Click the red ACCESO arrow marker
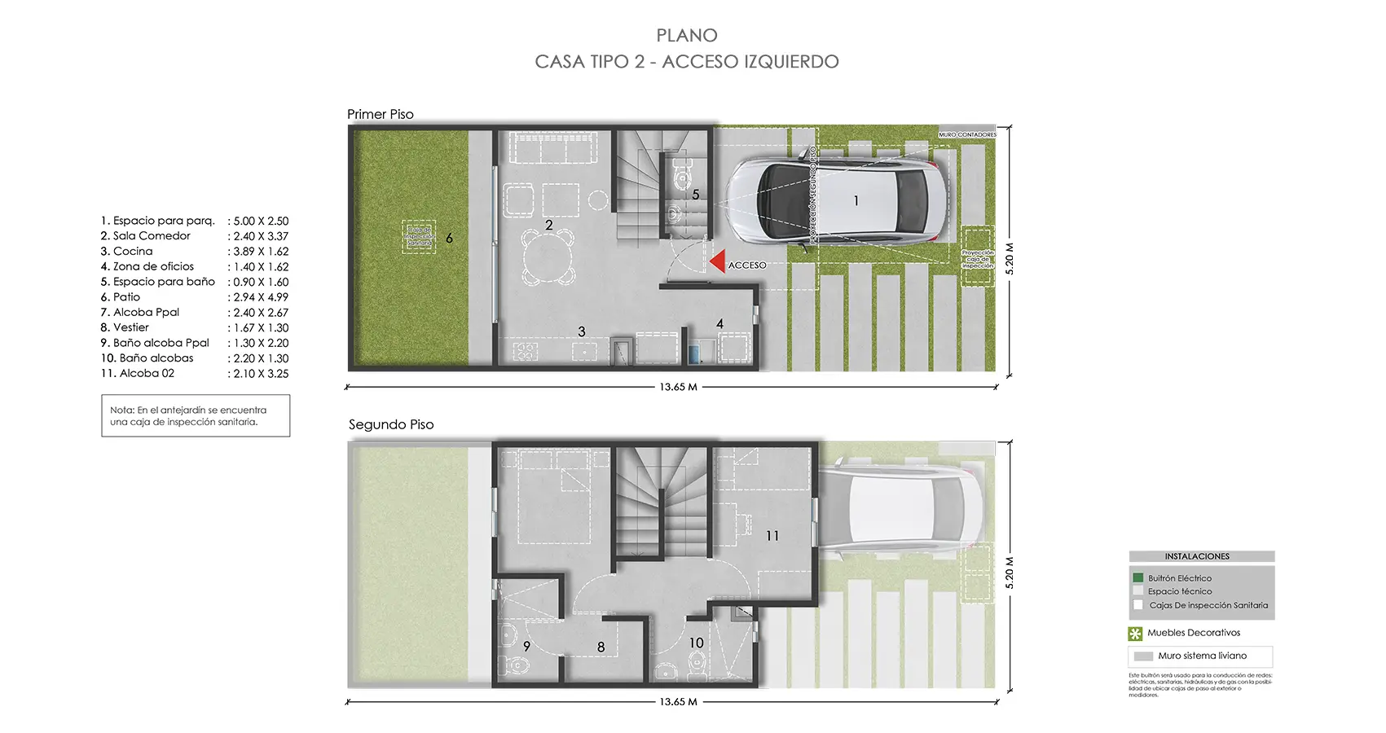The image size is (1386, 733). pos(717,261)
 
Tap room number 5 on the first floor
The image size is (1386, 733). pos(696,195)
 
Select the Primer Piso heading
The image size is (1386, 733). pos(381,115)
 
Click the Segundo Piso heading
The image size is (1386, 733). pos(391,424)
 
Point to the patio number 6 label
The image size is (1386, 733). pos(449,239)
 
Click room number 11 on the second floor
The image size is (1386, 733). pos(772,536)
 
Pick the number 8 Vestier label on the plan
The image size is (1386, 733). pos(601,647)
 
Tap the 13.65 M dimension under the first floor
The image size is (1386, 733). pos(678,387)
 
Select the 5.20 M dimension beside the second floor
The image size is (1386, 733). pos(1010,573)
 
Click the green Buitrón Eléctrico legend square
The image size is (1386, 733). pos(1138,577)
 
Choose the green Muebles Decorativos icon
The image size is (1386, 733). pos(1135,634)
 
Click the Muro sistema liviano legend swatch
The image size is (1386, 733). pos(1143,656)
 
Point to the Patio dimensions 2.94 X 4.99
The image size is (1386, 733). pos(261,297)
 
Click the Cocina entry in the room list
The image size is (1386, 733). pos(132,252)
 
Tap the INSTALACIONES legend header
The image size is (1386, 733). pos(1196,556)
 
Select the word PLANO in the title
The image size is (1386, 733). pos(687,36)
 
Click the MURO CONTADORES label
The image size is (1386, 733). pos(967,134)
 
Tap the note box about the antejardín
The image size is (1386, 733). pos(196,416)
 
